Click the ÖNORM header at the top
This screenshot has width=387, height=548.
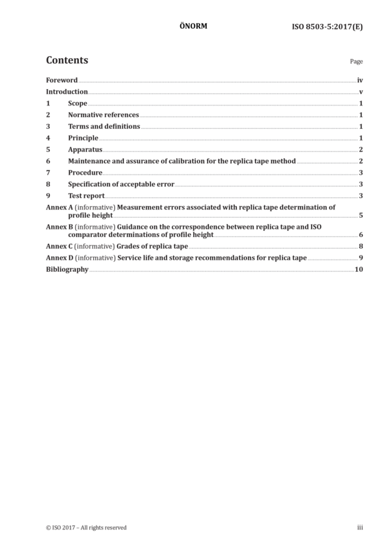pyautogui.click(x=193, y=26)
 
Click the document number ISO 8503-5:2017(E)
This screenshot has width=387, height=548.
pyautogui.click(x=327, y=27)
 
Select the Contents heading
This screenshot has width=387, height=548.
pyautogui.click(x=67, y=60)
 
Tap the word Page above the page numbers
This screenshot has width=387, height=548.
pyautogui.click(x=356, y=62)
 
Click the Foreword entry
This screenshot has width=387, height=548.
pyautogui.click(x=62, y=80)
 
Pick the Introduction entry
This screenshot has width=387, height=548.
pyautogui.click(x=66, y=92)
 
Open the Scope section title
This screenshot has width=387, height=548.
pyautogui.click(x=77, y=103)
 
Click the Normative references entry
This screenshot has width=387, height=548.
pyautogui.click(x=103, y=114)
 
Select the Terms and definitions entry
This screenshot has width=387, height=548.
pyautogui.click(x=104, y=126)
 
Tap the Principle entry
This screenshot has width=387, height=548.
pyautogui.click(x=83, y=138)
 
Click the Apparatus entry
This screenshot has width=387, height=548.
pyautogui.click(x=86, y=149)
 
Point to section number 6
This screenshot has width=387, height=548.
pyautogui.click(x=48, y=161)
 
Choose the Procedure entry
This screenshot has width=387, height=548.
pyautogui.click(x=86, y=173)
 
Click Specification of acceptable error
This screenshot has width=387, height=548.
pyautogui.click(x=121, y=184)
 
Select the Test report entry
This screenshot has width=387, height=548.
pyautogui.click(x=86, y=196)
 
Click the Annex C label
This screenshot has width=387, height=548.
pyautogui.click(x=60, y=247)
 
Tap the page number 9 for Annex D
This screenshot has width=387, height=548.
pyautogui.click(x=361, y=258)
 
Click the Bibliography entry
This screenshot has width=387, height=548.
pyautogui.click(x=67, y=269)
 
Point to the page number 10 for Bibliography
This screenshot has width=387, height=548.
pyautogui.click(x=359, y=269)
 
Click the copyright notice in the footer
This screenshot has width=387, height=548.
pyautogui.click(x=86, y=527)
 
